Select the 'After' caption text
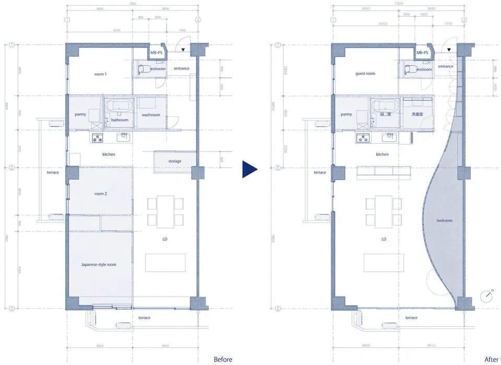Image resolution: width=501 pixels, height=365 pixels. click(491, 359)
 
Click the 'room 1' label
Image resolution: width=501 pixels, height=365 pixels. click(101, 74)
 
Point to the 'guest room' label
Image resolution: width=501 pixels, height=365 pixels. click(365, 74)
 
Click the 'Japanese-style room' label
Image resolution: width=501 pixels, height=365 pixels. click(99, 265)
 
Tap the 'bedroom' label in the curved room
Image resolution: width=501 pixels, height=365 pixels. click(445, 221)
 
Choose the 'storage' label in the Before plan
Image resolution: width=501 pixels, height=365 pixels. click(175, 161)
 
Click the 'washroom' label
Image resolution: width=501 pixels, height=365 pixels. click(151, 115)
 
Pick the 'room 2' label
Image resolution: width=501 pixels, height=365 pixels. click(101, 194)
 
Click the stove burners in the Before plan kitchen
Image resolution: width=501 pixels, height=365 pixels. click(98, 138)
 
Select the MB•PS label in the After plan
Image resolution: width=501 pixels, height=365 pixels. click(422, 53)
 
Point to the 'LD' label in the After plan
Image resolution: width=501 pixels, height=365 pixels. click(384, 239)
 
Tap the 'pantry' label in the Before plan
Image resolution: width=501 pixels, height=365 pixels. click(80, 114)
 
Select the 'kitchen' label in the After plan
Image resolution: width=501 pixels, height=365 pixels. click(383, 155)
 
